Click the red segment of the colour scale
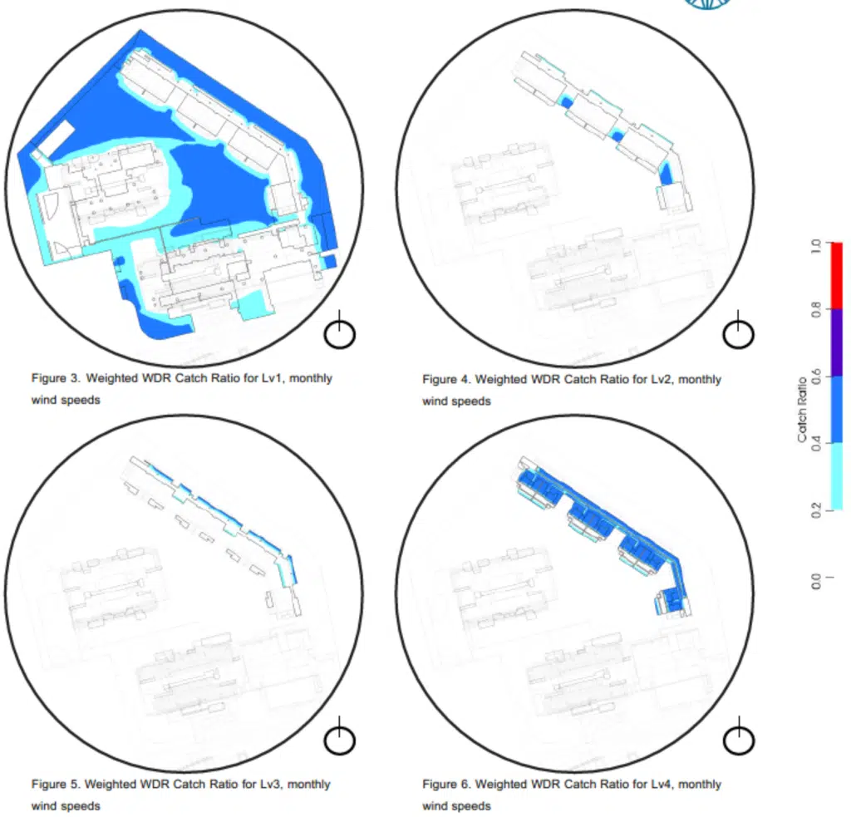point(837,276)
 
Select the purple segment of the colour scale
point(837,342)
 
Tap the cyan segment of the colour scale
point(837,476)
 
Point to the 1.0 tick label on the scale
point(816,246)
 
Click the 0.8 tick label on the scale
point(816,310)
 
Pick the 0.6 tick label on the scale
point(816,377)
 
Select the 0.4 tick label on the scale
point(816,444)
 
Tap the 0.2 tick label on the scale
point(816,510)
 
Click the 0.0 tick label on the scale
point(816,581)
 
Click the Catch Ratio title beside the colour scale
point(802,410)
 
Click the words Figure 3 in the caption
point(56,378)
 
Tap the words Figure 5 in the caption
point(56,785)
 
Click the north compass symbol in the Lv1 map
point(340,329)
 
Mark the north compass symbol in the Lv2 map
point(738,329)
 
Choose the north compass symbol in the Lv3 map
point(340,736)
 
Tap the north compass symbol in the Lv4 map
point(739,736)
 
